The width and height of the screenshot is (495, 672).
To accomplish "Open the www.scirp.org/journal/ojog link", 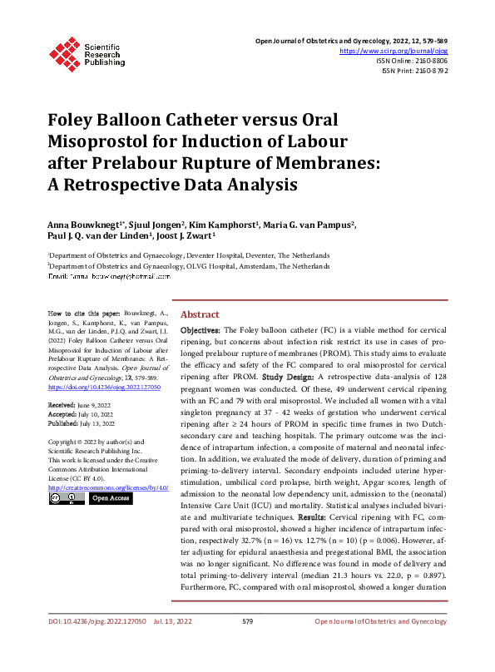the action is click(x=394, y=50).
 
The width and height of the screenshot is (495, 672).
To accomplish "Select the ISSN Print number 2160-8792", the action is click(x=430, y=72).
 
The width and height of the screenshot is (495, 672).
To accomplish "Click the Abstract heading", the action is click(x=200, y=315).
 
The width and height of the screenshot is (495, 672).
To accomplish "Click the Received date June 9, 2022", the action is click(x=101, y=403).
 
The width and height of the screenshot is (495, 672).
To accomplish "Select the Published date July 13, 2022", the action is click(x=103, y=422).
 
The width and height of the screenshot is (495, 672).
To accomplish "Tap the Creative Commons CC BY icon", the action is click(x=66, y=498).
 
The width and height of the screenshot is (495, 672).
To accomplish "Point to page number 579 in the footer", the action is click(x=247, y=645).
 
